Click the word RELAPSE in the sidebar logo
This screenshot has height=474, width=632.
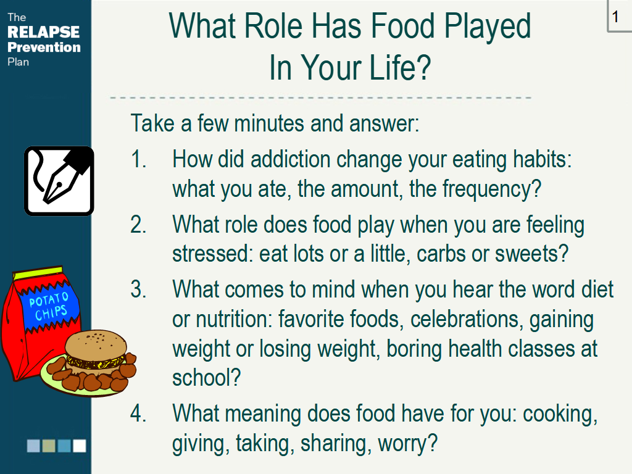[44, 32]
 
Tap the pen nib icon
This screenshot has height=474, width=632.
[59, 181]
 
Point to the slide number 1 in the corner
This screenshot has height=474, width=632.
[615, 17]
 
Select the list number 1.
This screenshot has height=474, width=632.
[138, 159]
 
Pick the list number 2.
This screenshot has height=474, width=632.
[138, 225]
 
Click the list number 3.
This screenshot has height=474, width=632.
[138, 289]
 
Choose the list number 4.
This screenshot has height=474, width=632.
[138, 414]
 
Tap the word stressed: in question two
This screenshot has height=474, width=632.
[212, 254]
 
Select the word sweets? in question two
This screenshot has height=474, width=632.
[531, 254]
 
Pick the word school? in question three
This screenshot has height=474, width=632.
[206, 378]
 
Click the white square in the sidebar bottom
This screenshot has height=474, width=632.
[80, 446]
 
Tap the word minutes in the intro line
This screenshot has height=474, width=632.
[269, 123]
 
